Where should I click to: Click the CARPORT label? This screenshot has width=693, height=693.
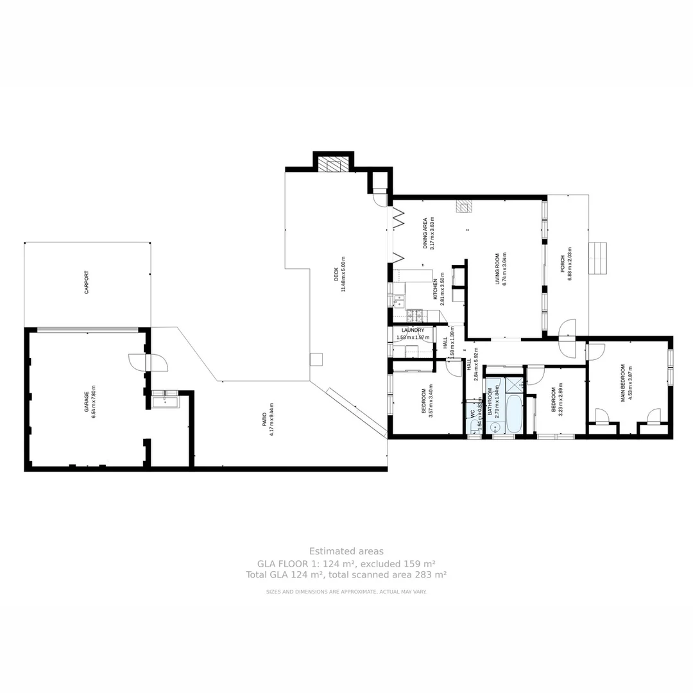click(x=87, y=282)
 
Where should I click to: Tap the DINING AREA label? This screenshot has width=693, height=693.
click(x=424, y=233)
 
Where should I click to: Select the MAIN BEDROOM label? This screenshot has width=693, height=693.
click(x=622, y=383)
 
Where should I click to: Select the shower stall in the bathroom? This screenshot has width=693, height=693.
click(x=514, y=385)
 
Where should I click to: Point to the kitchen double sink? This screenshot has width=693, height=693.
click(x=399, y=298)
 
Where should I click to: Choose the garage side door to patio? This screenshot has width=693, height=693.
click(x=148, y=363)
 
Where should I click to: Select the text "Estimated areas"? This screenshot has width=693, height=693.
click(x=346, y=551)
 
